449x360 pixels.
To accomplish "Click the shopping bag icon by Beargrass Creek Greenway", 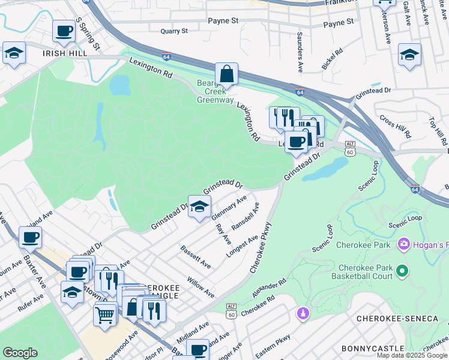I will (x=226, y=74).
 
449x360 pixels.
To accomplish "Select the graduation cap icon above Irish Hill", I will (x=14, y=53).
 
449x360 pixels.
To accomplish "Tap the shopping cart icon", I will (x=105, y=314).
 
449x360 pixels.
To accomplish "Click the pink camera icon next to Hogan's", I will (x=403, y=245).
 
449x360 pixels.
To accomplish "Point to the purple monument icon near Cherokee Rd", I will (x=303, y=313).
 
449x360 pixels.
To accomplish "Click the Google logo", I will (x=20, y=353).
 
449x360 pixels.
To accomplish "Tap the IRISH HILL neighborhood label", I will (x=64, y=53).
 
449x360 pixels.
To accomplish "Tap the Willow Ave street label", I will (x=200, y=288).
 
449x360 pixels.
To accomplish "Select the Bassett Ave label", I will (x=196, y=256).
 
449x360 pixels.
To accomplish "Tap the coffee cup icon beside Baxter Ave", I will (x=30, y=238).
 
